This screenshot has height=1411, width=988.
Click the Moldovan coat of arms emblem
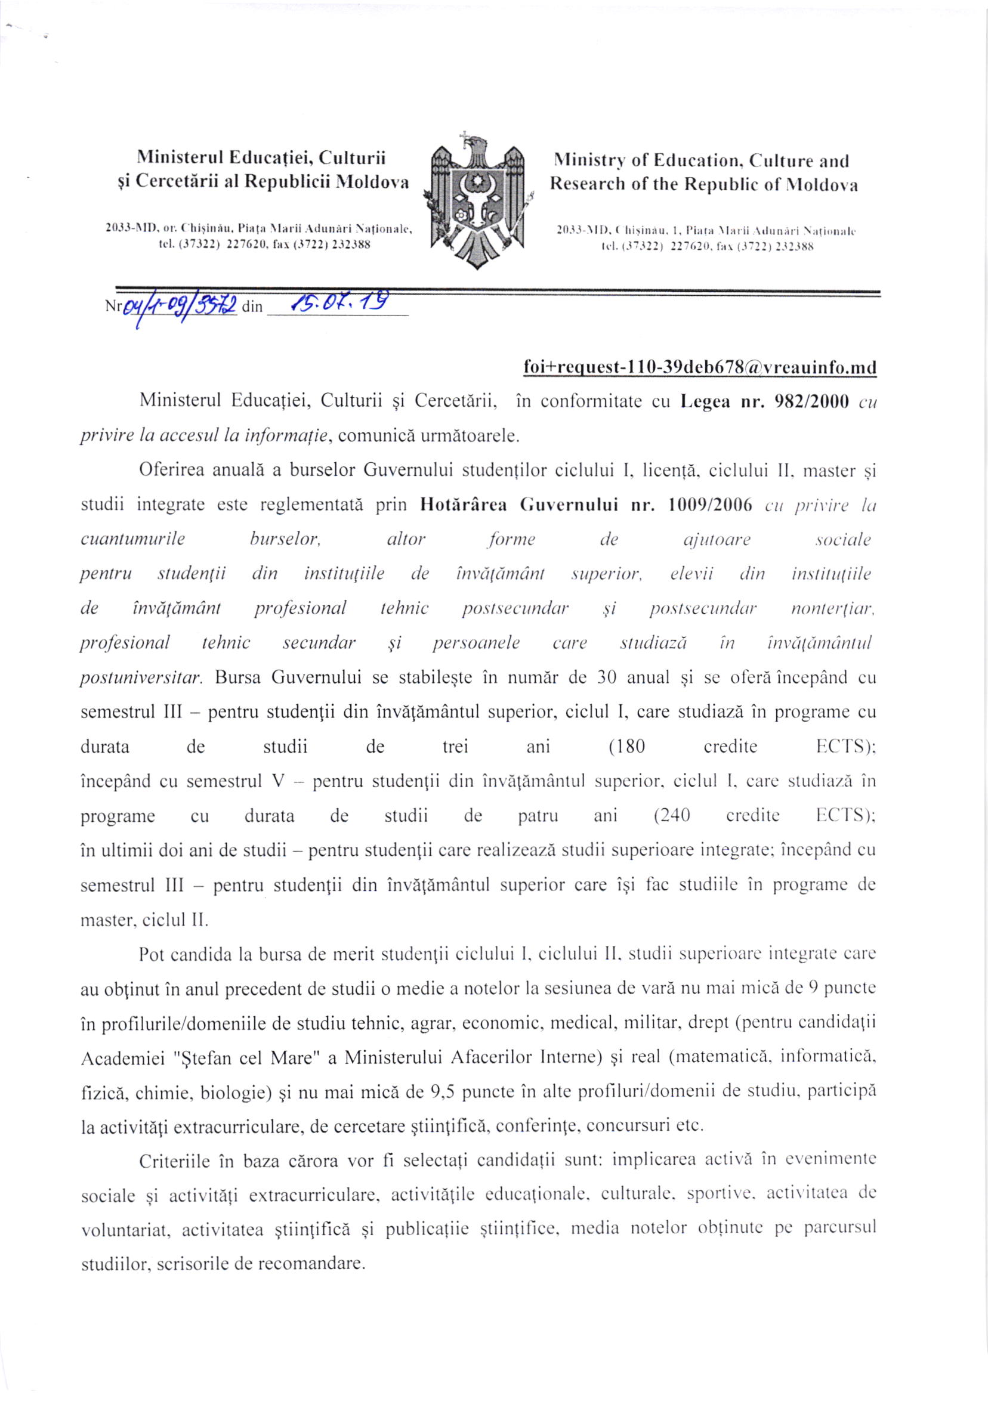pos(477,200)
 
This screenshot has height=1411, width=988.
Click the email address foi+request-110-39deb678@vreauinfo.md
pos(699,367)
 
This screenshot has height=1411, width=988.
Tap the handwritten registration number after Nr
pos(180,305)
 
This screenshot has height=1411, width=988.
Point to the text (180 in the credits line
pos(626,747)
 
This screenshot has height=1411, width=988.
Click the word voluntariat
pos(122,1230)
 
